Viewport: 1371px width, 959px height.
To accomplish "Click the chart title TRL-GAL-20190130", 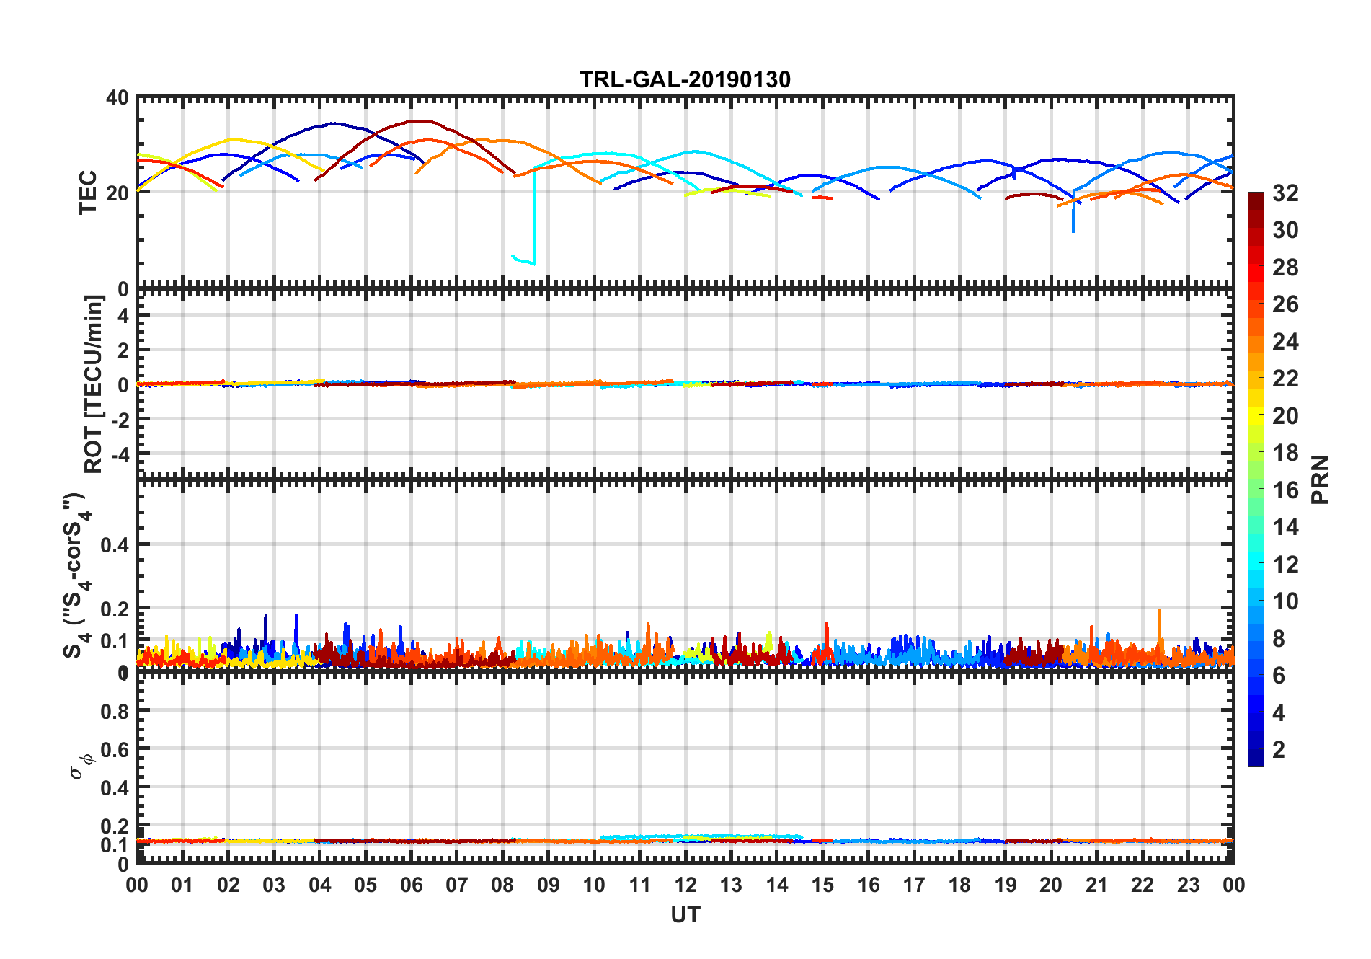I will click(x=685, y=79).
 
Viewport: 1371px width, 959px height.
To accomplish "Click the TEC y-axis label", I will click(x=88, y=192).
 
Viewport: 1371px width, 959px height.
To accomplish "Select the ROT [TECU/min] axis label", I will click(x=94, y=384).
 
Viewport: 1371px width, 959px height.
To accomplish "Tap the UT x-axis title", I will click(x=685, y=914).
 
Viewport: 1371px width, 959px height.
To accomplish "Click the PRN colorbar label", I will click(x=1320, y=479).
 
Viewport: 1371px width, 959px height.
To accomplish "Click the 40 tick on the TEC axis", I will click(x=117, y=97).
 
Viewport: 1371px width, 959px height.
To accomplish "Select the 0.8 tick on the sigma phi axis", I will click(x=115, y=711).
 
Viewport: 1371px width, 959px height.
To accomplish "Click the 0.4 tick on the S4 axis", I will click(x=115, y=544).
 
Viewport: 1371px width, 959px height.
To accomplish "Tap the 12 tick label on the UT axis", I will click(x=685, y=885).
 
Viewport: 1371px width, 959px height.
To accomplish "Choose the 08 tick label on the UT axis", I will click(x=502, y=885).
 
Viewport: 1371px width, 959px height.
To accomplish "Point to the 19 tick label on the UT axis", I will click(x=1005, y=885).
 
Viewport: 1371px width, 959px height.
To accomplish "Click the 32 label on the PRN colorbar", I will click(x=1285, y=193).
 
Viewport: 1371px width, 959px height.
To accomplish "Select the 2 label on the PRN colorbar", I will click(x=1279, y=750).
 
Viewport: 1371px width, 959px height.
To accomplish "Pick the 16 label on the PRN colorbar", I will click(x=1285, y=490).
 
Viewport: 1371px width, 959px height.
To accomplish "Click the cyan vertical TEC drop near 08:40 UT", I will click(x=534, y=216).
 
